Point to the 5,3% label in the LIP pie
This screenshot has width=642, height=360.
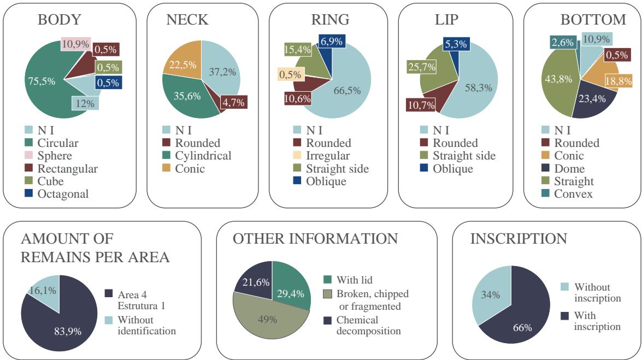tap(457, 45)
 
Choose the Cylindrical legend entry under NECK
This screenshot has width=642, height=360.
tap(203, 156)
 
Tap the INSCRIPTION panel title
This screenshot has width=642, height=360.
tap(502, 239)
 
